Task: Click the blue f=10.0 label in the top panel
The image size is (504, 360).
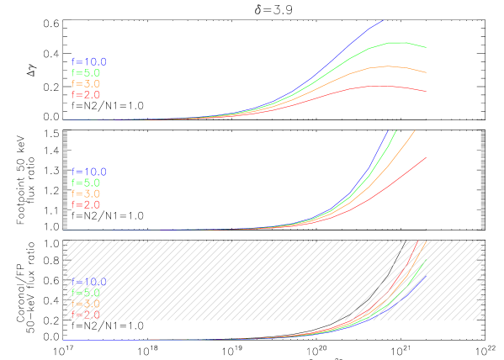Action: [88, 62]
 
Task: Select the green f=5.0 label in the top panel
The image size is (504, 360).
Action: [86, 73]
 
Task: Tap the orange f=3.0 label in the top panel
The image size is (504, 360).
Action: [86, 84]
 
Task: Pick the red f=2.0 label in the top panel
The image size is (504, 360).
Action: [86, 95]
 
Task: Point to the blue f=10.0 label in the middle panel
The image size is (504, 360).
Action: [88, 172]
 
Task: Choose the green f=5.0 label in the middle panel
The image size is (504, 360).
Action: [86, 183]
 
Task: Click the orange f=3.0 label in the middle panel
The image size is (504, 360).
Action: [86, 193]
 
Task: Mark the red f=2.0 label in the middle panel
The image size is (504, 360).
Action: [86, 204]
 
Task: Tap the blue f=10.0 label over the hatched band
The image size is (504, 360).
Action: [88, 282]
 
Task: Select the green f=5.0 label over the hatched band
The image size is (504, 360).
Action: [86, 293]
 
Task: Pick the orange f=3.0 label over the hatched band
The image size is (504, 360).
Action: [86, 304]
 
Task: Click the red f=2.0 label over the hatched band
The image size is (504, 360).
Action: [86, 315]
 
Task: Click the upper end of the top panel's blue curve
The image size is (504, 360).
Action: [383, 20]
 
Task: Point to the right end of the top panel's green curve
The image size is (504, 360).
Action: [427, 48]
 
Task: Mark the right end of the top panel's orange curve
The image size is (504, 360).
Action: [427, 73]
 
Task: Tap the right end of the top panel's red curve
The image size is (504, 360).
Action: [427, 92]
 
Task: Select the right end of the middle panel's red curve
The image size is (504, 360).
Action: [427, 156]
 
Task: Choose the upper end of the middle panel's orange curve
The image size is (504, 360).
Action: [415, 130]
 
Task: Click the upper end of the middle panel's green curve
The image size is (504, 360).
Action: [395, 130]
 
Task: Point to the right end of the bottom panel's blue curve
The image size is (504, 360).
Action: [427, 272]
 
